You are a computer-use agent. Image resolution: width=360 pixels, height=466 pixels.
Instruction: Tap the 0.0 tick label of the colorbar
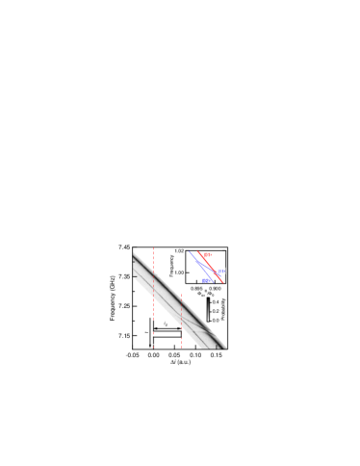pos(215,320)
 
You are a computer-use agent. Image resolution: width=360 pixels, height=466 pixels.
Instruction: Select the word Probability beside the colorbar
pos(223,309)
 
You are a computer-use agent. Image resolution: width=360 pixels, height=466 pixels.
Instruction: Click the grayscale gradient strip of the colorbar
pos(209,309)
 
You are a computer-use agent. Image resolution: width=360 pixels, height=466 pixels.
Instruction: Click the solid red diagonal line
pos(210,267)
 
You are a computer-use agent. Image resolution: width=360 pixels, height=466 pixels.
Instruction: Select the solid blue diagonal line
pos(201,266)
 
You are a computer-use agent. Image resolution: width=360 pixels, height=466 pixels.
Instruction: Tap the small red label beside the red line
pos(207,255)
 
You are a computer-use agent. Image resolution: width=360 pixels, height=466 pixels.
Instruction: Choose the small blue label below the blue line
pos(207,280)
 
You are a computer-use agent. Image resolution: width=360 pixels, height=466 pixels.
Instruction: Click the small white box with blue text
pos(221,271)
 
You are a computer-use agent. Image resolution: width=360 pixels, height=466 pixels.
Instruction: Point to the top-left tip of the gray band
pos(134,253)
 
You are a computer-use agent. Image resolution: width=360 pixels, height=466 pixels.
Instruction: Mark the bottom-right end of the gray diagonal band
pos(224,347)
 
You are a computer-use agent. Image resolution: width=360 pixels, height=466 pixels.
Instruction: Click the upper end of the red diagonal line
pos(197,252)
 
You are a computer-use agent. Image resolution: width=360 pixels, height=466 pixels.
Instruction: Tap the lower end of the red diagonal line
pos(223,282)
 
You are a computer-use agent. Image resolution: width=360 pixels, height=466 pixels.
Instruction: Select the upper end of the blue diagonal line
pos(189,252)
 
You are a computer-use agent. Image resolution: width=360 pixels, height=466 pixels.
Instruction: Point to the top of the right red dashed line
pos(181,296)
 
